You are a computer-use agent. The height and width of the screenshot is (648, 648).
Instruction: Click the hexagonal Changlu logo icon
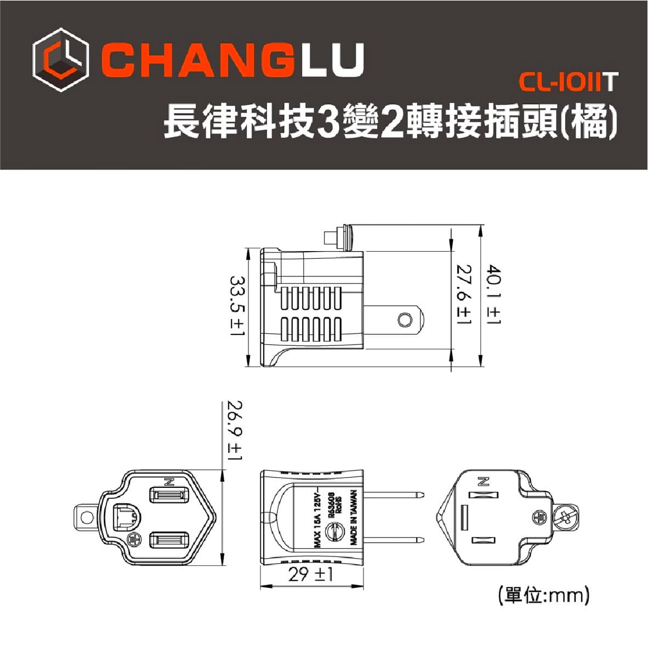click(60, 60)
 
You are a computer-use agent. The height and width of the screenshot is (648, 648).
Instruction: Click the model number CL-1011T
click(569, 82)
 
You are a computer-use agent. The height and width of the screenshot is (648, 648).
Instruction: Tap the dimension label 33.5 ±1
click(237, 306)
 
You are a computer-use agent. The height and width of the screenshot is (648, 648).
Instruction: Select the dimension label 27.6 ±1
click(464, 294)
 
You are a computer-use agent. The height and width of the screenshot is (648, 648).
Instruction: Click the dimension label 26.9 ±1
click(235, 430)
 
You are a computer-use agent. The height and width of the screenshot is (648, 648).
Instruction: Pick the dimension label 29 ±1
click(310, 575)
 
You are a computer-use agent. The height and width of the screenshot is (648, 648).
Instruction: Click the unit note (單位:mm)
click(544, 595)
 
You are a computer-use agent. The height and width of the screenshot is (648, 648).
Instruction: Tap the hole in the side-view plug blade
click(405, 320)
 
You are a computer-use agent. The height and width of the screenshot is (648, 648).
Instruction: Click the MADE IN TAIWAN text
click(354, 518)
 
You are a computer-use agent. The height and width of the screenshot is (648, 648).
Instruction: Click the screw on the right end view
click(565, 517)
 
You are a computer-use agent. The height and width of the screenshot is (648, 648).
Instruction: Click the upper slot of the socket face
click(169, 494)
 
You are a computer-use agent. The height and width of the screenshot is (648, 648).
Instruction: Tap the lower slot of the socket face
click(169, 540)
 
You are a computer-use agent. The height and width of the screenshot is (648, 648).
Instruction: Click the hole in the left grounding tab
click(87, 517)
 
